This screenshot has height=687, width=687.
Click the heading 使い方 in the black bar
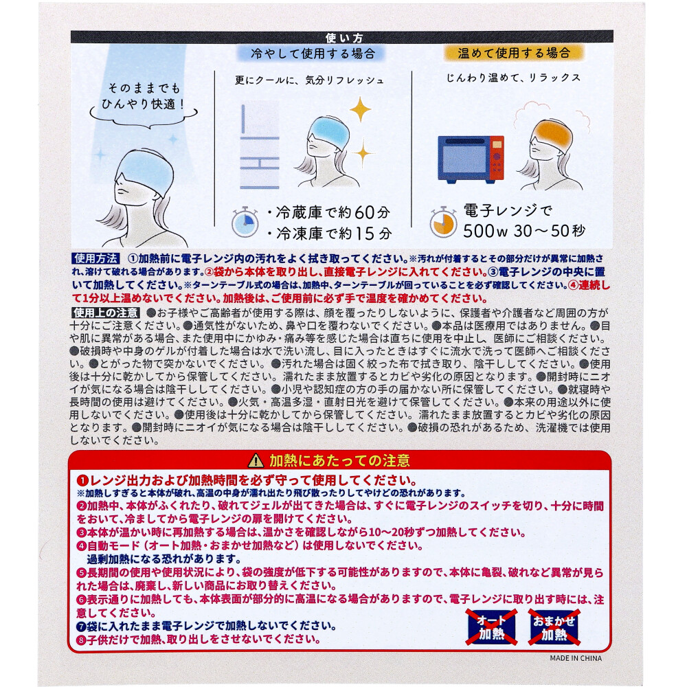(344, 38)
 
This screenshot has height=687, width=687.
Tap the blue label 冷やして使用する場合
(313, 54)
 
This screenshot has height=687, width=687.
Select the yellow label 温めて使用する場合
(514, 53)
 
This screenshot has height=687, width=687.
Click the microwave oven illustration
(471, 159)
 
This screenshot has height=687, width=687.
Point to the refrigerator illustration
(260, 145)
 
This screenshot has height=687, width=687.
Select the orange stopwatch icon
(443, 222)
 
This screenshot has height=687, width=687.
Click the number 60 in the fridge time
(365, 212)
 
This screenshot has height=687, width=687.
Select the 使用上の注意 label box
(106, 313)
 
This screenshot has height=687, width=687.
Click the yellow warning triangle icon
(256, 460)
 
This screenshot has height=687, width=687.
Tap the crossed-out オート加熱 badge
(491, 627)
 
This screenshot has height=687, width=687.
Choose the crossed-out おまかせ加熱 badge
(554, 627)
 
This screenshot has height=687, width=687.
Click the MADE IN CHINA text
(576, 658)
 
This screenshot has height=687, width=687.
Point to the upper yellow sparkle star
(360, 109)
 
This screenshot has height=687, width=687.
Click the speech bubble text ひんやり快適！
(144, 104)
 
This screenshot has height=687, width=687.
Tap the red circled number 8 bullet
(82, 640)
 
